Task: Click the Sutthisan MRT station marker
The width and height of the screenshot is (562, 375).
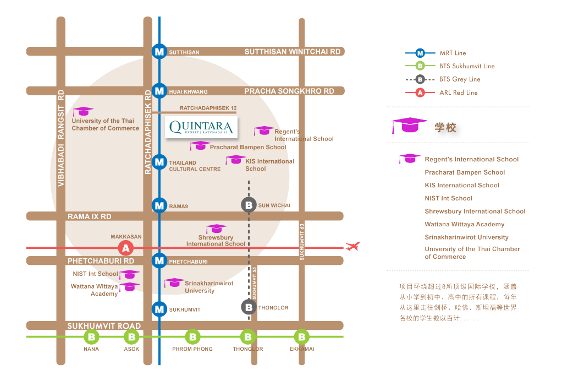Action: [159, 51]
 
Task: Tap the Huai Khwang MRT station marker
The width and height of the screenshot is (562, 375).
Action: [159, 91]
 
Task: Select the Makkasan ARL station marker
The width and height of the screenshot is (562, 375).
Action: [126, 248]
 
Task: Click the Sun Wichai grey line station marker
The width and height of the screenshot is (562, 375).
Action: [249, 205]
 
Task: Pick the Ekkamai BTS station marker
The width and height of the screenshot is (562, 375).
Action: [301, 336]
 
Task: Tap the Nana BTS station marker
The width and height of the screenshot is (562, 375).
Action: [91, 336]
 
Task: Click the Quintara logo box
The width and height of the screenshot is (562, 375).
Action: [201, 127]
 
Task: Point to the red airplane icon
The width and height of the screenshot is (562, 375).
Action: [352, 246]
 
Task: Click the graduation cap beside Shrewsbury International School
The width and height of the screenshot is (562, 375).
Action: [217, 229]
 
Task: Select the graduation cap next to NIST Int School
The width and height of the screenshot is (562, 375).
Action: [129, 274]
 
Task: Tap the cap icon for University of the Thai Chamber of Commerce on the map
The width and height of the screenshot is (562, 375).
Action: [83, 111]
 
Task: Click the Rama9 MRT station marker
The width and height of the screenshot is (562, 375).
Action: [159, 205]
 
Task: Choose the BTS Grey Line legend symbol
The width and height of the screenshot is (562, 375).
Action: [420, 79]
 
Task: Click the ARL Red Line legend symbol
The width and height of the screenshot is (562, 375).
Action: [420, 93]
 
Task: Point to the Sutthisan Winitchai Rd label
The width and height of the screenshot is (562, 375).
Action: [293, 52]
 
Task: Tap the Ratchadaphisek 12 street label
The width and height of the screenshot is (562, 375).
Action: [208, 108]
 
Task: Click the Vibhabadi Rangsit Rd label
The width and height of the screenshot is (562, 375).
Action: [61, 138]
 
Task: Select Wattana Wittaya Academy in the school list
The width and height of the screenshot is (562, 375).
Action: [465, 224]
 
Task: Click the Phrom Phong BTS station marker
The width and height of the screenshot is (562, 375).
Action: [193, 336]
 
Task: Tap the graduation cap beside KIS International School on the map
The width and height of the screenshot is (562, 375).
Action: [235, 160]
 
